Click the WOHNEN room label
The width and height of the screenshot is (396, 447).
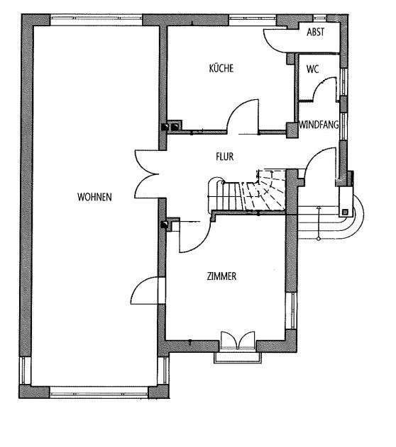tap(94, 197)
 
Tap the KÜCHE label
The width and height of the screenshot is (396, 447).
tap(221, 69)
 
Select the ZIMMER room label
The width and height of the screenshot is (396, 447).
tap(221, 276)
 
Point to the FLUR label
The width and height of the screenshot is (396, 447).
tap(225, 157)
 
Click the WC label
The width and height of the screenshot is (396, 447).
tap(313, 69)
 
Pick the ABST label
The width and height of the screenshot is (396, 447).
tap(316, 32)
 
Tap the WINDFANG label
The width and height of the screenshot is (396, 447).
tap(319, 125)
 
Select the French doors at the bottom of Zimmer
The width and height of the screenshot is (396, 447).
tap(238, 340)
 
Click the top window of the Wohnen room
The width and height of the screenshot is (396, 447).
tap(97, 19)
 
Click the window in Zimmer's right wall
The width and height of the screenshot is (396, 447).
tap(292, 311)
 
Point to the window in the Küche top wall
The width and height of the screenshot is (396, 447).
tap(253, 19)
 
